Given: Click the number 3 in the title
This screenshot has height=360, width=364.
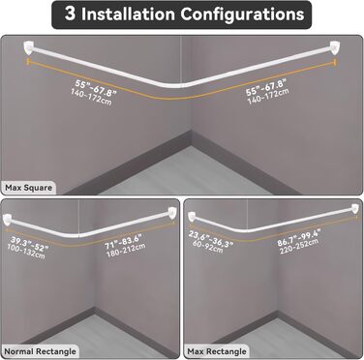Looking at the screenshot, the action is coord(70,14).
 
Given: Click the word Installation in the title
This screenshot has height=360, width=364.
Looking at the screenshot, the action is coord(128,14).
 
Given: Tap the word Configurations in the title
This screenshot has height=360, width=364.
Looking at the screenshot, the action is coord(242,15).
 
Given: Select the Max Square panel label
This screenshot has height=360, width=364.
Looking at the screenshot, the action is coord(28,188).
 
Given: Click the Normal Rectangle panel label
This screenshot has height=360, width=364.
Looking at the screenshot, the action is coord(40,351).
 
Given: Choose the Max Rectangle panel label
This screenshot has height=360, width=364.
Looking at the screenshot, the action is coord(217,351).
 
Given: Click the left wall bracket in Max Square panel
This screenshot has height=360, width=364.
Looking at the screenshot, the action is coord(29,47).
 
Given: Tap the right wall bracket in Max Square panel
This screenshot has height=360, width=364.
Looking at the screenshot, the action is coord(334,47).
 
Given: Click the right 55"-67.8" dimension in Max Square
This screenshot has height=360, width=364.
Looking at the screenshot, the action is coord(266,87).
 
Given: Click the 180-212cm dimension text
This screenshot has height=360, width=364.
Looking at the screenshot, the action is coord(126,250).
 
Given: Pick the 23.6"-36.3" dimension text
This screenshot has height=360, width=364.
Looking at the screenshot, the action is coord(210,240).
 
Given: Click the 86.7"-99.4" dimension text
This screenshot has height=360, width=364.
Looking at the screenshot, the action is coord(299,238).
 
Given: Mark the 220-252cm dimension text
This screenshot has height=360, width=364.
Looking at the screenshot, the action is coord(300,247).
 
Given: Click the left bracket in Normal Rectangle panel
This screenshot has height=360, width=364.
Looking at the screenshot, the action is coord(7,220).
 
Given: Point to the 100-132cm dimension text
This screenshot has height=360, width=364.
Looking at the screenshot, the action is coord(26,252).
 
